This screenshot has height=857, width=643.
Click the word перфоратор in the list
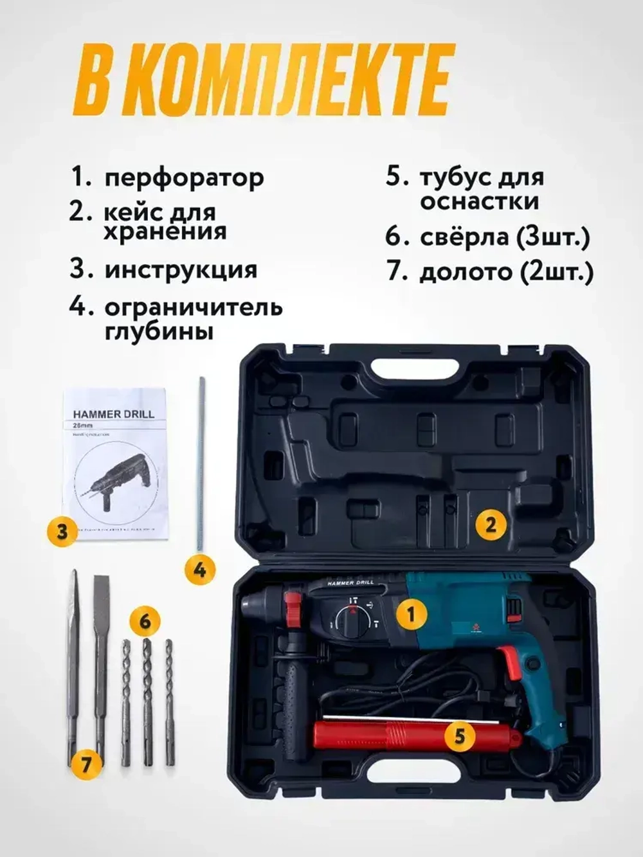tap(184, 178)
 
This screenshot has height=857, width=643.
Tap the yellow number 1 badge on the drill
tap(412, 614)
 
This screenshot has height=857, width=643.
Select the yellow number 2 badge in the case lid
tap(491, 525)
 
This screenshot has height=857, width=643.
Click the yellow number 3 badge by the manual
tap(62, 532)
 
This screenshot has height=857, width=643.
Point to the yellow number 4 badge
tap(200, 569)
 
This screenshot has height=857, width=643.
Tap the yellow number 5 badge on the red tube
tap(459, 735)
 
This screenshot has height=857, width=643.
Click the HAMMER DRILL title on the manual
tap(113, 414)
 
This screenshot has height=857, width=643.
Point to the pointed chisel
tap(73, 662)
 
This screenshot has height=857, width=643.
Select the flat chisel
tap(101, 662)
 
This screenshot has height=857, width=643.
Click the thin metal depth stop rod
tap(201, 463)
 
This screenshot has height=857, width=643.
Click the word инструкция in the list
tap(181, 269)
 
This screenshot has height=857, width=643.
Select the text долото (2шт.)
tap(505, 272)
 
